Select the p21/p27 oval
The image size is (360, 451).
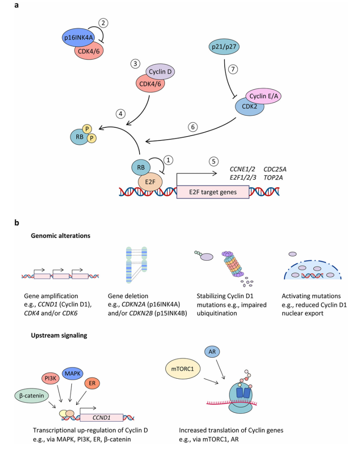224,46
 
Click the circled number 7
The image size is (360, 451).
233,69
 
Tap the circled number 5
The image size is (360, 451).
213,161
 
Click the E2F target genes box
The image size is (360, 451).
212,192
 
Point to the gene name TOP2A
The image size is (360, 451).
273,177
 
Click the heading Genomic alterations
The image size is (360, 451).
60,236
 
